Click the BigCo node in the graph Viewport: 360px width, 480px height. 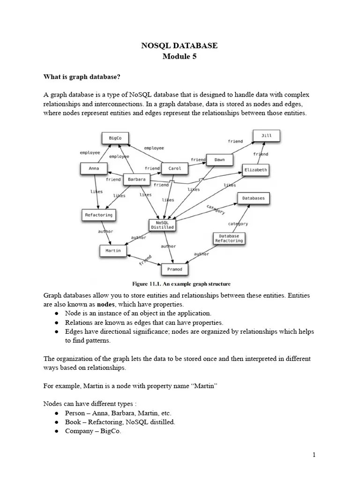pos(115,138)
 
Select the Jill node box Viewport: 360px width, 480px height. pos(266,136)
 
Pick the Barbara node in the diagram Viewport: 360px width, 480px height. pos(136,179)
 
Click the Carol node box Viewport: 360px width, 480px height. pos(174,168)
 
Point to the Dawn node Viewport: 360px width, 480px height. pos(219,159)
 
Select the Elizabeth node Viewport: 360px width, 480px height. pos(255,170)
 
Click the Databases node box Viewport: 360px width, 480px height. pos(253,198)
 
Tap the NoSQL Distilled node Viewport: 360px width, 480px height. pos(162,225)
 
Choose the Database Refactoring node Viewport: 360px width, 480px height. pos(229,239)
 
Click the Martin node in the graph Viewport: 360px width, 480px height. pos(113,251)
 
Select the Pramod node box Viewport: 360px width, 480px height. pos(174,270)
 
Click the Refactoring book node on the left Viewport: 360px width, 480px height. pos(98,215)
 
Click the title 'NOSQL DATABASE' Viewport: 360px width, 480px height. pos(180,45)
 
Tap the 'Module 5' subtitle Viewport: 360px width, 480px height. pos(180,57)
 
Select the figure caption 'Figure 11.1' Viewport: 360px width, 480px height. pos(181,284)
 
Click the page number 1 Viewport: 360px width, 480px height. pos(315,455)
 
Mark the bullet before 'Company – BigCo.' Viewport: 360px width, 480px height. pos(56,431)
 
